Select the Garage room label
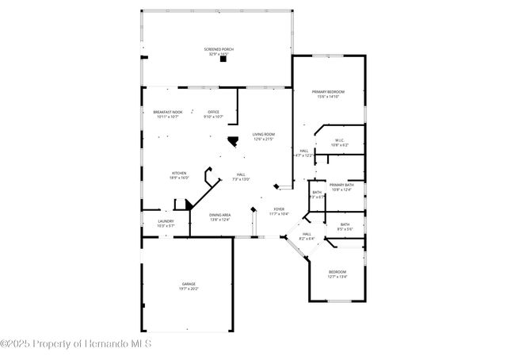coord(189,284)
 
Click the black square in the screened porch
coord(223,59)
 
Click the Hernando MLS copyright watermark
coord(75,343)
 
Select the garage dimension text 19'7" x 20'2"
coord(189,289)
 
